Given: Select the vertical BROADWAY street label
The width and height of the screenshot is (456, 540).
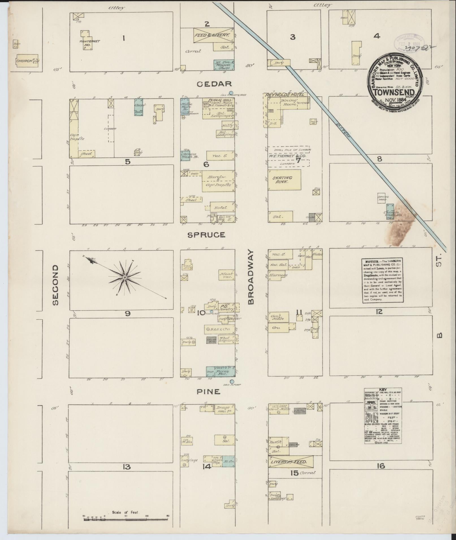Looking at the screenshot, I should point(251,277).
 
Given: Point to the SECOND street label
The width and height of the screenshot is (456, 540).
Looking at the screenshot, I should point(55,285).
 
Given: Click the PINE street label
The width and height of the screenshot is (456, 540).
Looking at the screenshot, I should point(208,392).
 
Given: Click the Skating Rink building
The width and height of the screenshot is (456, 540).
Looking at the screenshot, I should point(284,180).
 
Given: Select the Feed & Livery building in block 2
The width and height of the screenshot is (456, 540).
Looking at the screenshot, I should point(213,35).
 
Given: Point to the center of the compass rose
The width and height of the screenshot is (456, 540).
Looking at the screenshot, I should point(124,277).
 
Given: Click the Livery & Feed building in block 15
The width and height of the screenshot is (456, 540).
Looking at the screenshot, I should point(291,462).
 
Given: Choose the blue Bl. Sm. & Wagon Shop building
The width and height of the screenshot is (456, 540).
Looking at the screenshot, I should point(224,65).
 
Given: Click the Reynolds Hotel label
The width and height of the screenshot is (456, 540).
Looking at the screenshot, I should point(284,95).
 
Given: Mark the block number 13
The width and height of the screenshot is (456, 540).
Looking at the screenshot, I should point(126,467).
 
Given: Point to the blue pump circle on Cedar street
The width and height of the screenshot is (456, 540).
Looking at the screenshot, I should point(231,93).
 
